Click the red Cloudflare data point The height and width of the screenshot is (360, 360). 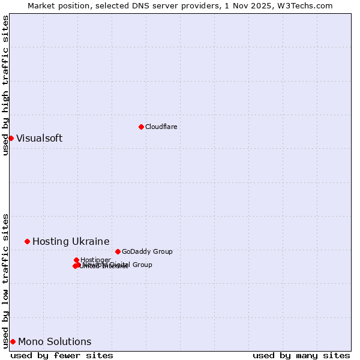tap(141, 127)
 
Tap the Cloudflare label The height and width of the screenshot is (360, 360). tap(161, 127)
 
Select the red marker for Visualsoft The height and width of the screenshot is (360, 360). tap(11, 138)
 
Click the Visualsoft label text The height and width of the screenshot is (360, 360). tap(39, 138)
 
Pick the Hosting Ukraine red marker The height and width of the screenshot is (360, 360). tap(27, 241)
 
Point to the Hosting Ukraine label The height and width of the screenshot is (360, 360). tap(71, 241)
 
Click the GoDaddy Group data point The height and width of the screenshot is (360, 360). tap(118, 251)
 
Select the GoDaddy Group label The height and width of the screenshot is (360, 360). tap(147, 251)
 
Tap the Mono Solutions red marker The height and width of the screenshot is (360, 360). tap(13, 341)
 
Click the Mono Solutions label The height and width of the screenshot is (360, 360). tap(55, 341)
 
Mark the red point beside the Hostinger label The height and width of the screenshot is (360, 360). tap(76, 260)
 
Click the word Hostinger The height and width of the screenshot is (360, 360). tap(95, 260)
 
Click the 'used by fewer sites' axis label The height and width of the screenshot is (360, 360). tap(62, 355)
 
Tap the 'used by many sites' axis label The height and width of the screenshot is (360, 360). tap(301, 355)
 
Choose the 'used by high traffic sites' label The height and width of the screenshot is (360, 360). tap(5, 85)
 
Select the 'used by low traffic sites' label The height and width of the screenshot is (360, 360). tap(5, 280)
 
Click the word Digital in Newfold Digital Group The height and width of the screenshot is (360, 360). tap(120, 265)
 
